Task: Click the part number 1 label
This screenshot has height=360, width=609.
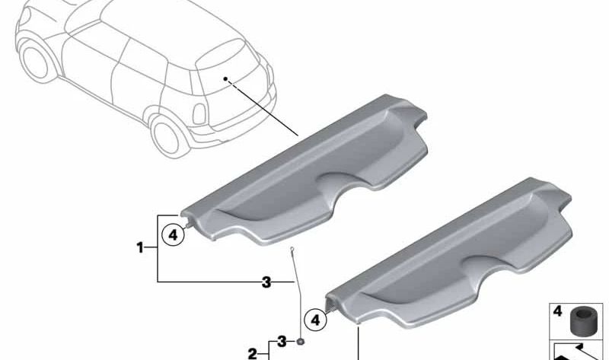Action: pyautogui.click(x=140, y=247)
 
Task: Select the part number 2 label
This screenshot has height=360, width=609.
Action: pyautogui.click(x=253, y=352)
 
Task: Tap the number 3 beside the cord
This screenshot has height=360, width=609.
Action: pyautogui.click(x=266, y=282)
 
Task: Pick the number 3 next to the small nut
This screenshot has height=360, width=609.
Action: pyautogui.click(x=282, y=340)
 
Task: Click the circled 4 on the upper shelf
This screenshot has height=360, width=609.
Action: pyautogui.click(x=174, y=235)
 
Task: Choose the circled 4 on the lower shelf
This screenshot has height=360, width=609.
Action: pyautogui.click(x=313, y=320)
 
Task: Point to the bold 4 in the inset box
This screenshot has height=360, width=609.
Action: pyautogui.click(x=559, y=312)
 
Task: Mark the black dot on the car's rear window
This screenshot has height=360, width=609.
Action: pyautogui.click(x=225, y=78)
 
